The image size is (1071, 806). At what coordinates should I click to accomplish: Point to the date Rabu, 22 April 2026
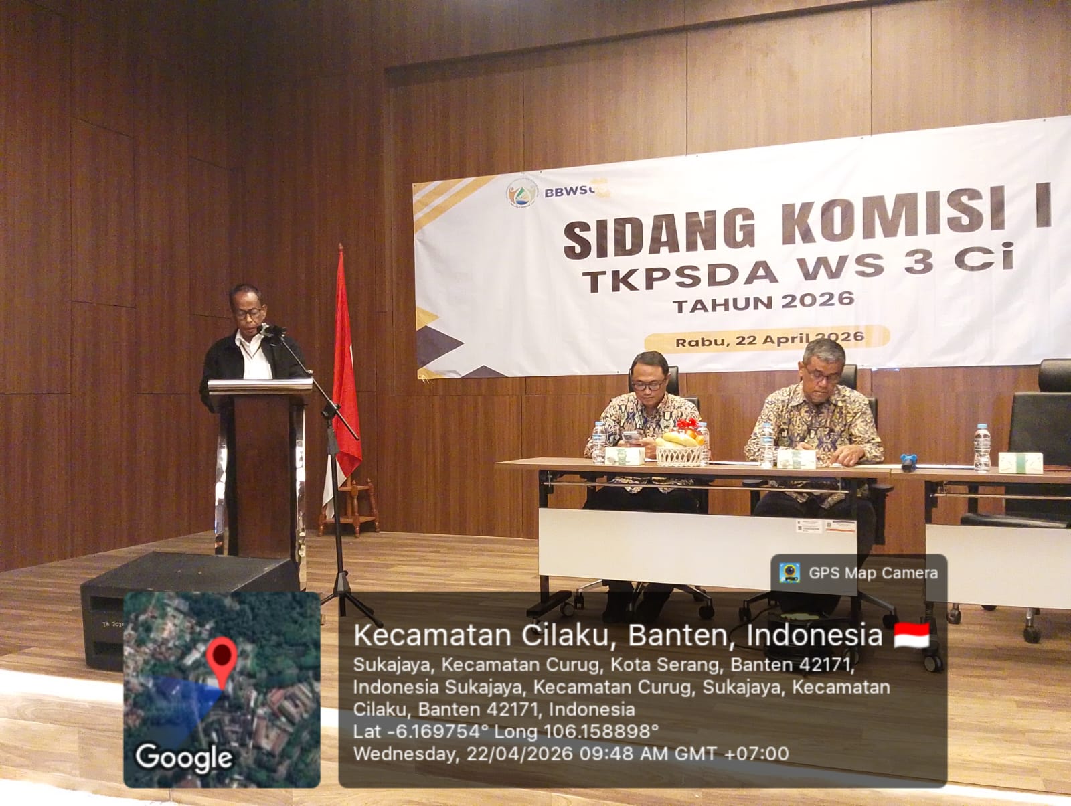point(769,339)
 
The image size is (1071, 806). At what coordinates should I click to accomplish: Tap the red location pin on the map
point(222,659)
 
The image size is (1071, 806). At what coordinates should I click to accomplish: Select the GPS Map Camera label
point(873,573)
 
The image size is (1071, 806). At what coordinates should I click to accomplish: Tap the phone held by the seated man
point(631,438)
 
